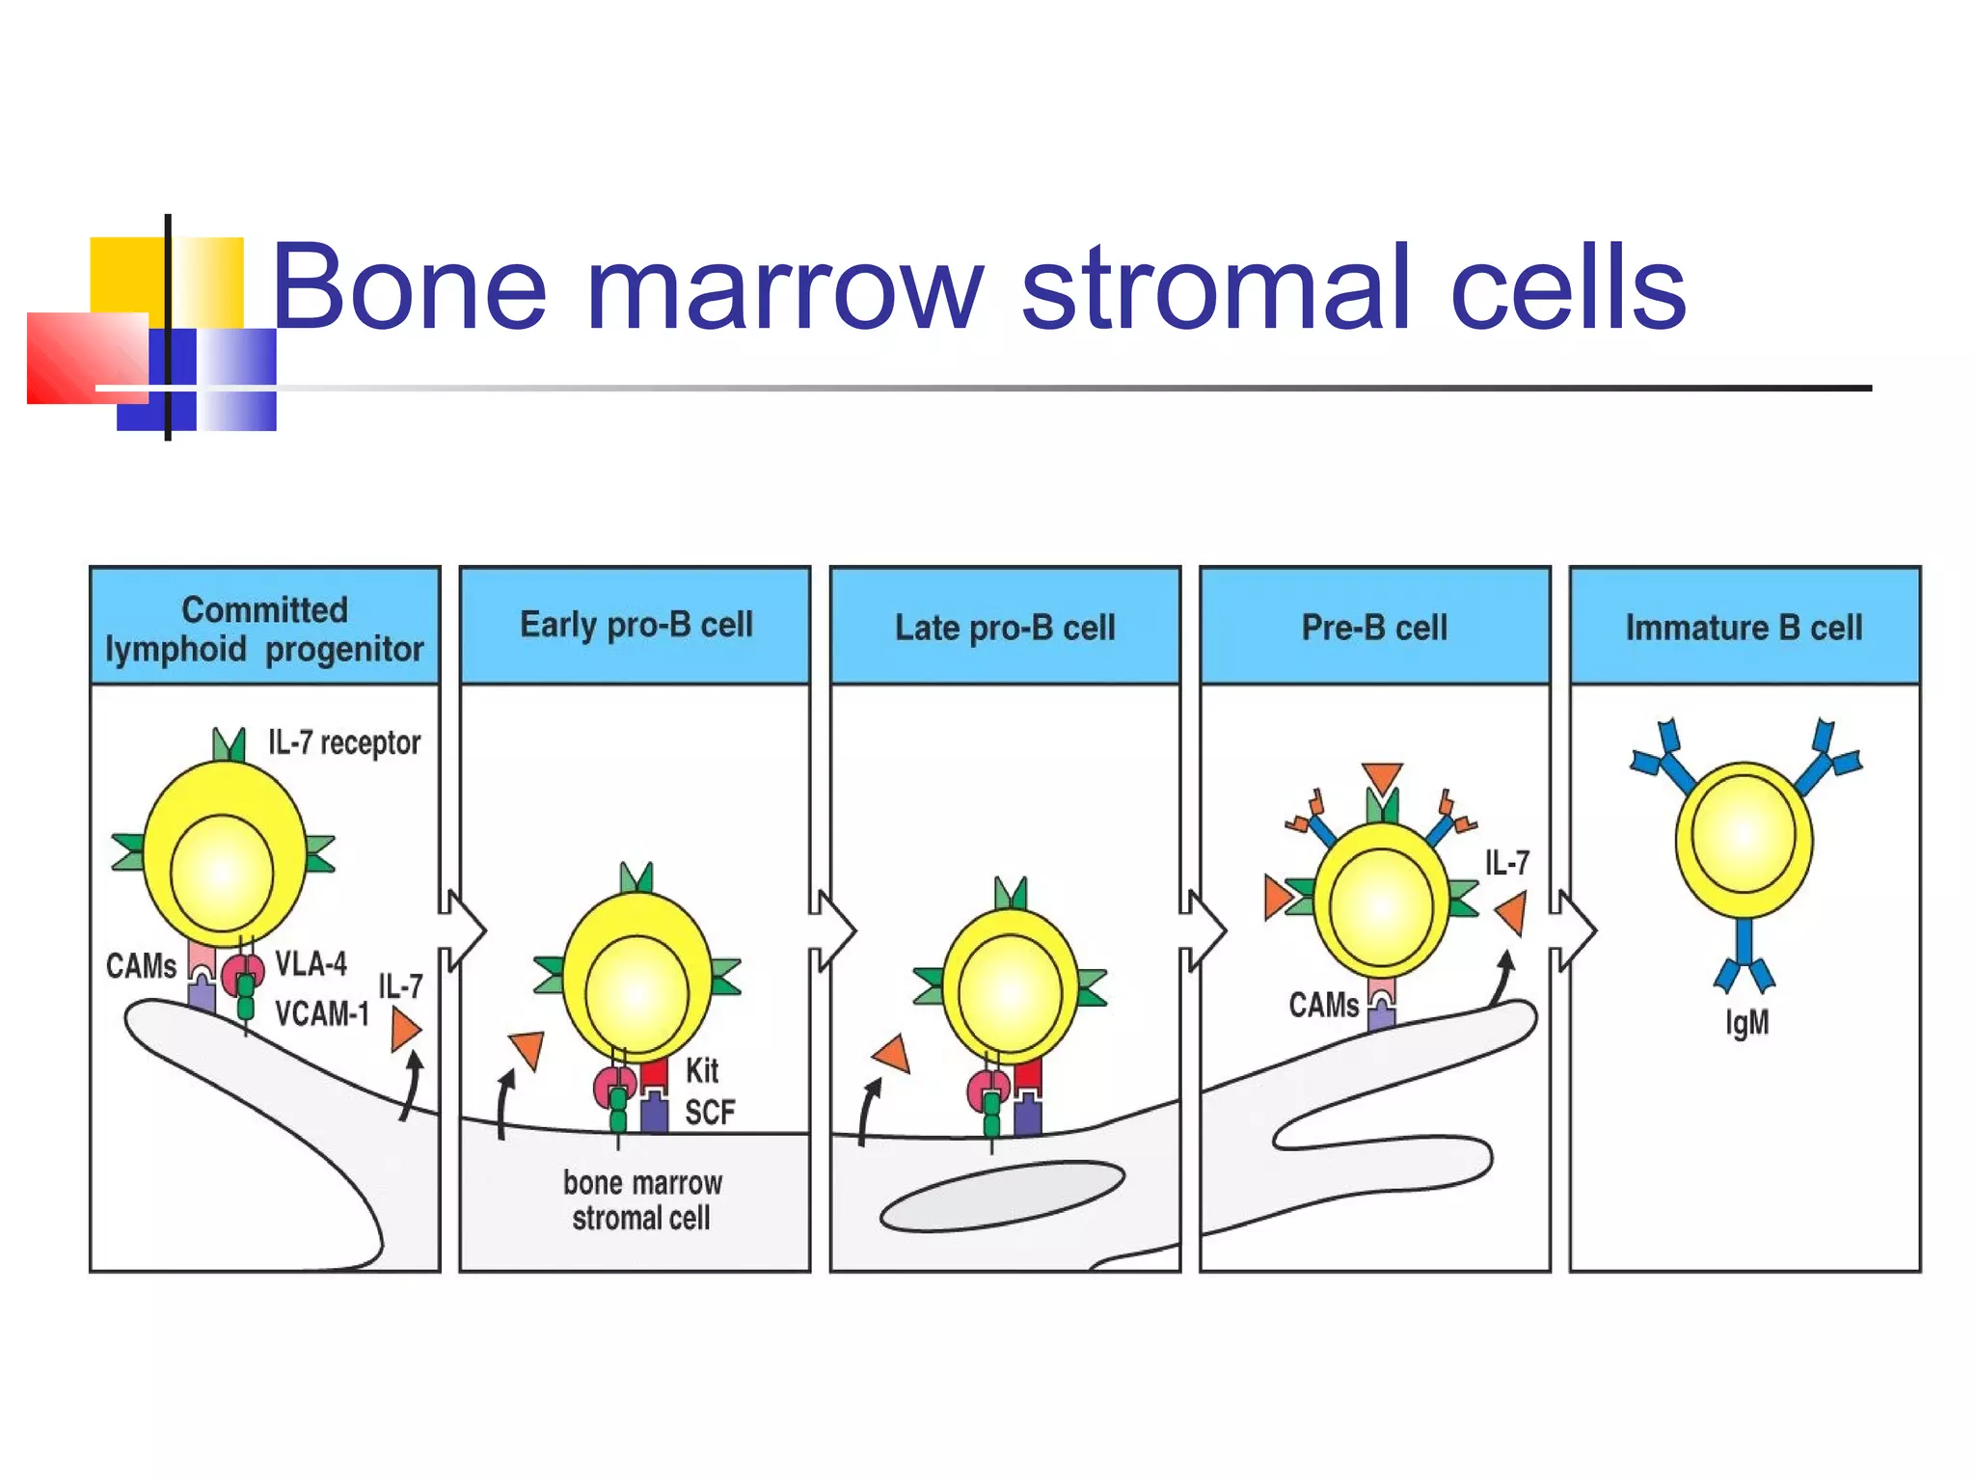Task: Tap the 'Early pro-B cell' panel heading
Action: (636, 625)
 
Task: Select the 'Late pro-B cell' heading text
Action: (1005, 628)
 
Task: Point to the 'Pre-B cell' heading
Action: (1374, 628)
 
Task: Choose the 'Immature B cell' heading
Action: (1744, 628)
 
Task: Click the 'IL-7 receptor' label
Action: (344, 742)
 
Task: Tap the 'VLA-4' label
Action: (311, 963)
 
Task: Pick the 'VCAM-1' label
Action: (322, 1013)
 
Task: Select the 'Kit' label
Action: (702, 1070)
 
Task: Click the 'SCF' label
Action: (710, 1113)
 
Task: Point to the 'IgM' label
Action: (1746, 1022)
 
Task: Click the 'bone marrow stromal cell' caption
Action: (642, 1200)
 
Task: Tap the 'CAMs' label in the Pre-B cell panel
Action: (1323, 1006)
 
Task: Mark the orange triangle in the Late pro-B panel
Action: (893, 1054)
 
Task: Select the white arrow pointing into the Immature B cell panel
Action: (1575, 930)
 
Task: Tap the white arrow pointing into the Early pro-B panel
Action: (464, 930)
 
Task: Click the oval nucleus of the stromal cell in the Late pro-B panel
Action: (1002, 1197)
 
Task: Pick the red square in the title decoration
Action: (87, 358)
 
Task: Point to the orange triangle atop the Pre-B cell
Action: (1382, 777)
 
